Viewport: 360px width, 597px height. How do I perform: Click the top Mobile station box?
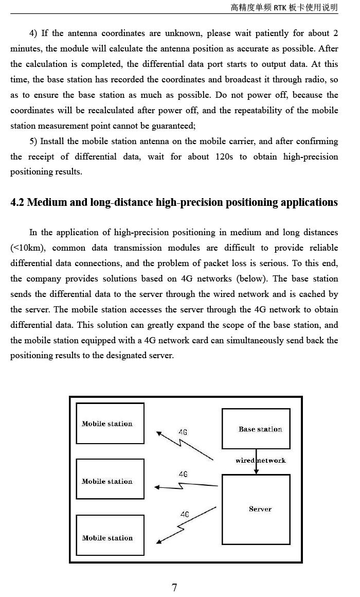point(110,424)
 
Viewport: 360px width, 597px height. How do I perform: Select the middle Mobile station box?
point(110,479)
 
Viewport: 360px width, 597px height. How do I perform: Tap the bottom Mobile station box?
point(110,536)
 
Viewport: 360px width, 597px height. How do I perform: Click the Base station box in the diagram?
point(256,429)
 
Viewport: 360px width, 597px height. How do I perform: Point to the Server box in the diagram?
point(256,509)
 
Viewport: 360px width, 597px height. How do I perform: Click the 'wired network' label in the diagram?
point(260,460)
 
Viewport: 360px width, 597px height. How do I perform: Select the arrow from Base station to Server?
point(256,466)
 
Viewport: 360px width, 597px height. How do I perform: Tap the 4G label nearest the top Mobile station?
point(183,432)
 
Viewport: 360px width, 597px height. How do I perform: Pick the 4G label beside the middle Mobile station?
point(183,474)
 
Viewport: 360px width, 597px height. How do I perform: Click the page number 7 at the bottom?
point(174,587)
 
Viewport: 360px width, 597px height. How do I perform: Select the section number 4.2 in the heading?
point(17,202)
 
